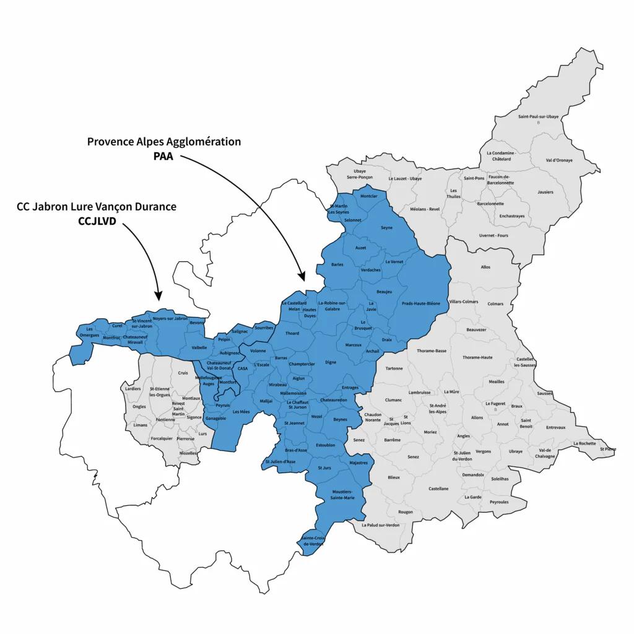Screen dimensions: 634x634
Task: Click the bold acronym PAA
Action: click(164, 156)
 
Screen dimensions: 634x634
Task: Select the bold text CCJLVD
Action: click(97, 220)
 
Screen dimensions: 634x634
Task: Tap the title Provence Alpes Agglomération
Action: click(164, 142)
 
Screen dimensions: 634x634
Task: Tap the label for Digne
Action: click(331, 362)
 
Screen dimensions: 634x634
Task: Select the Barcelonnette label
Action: click(491, 204)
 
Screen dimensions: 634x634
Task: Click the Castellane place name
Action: click(438, 489)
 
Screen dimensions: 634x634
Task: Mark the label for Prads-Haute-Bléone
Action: click(421, 303)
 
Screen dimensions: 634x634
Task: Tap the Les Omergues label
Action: click(90, 332)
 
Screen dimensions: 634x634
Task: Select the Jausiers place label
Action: click(545, 192)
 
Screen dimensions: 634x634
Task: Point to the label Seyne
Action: click(386, 228)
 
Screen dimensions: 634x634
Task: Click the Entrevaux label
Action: click(555, 427)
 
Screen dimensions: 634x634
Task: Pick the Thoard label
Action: click(292, 334)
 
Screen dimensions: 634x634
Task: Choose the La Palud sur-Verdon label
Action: click(381, 525)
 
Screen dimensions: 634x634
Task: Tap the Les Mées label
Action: click(241, 412)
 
